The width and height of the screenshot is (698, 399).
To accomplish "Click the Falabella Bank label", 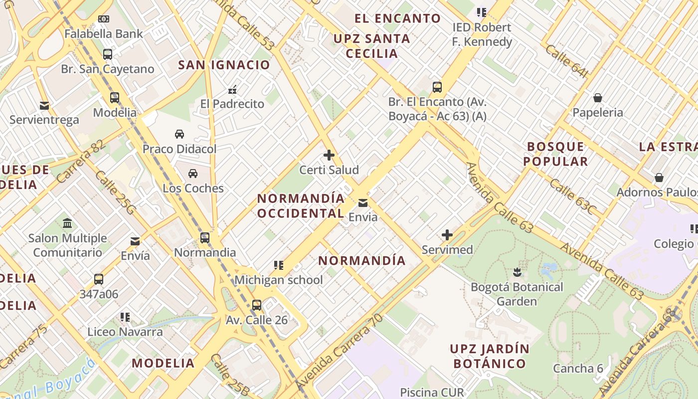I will pos(104,34).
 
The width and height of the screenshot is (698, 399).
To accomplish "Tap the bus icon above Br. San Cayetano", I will pos(108,54).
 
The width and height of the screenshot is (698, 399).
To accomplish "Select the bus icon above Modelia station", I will pos(115,98).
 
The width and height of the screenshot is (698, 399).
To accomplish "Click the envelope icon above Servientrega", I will pos(44,106).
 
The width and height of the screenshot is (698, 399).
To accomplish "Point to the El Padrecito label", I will pos(232,104).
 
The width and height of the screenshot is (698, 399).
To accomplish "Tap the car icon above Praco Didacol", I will pos(179,134).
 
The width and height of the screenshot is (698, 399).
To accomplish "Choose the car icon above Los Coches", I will pos(193,174).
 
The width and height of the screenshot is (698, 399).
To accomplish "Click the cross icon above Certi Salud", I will pos(329,155).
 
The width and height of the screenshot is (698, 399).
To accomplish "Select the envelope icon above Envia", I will pos(363,203).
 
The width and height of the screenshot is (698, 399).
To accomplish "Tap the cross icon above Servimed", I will pos(447,235).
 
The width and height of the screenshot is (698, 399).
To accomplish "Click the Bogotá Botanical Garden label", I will pos(517,294).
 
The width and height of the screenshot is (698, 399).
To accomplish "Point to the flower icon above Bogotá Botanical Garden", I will pos(517,272).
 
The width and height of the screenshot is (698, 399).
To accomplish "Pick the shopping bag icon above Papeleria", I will pos(598,98).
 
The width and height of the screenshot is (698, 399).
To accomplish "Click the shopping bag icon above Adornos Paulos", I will pos(659,178).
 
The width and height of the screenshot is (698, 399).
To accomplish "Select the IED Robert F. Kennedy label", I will pos(482,34).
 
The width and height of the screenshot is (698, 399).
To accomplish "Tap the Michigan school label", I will pos(279,280).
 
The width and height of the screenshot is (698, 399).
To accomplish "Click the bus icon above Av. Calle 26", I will pos(257,305).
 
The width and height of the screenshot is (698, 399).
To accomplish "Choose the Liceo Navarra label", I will pos(125,332).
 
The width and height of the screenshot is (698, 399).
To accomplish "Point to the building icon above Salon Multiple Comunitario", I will pos(67,223).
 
